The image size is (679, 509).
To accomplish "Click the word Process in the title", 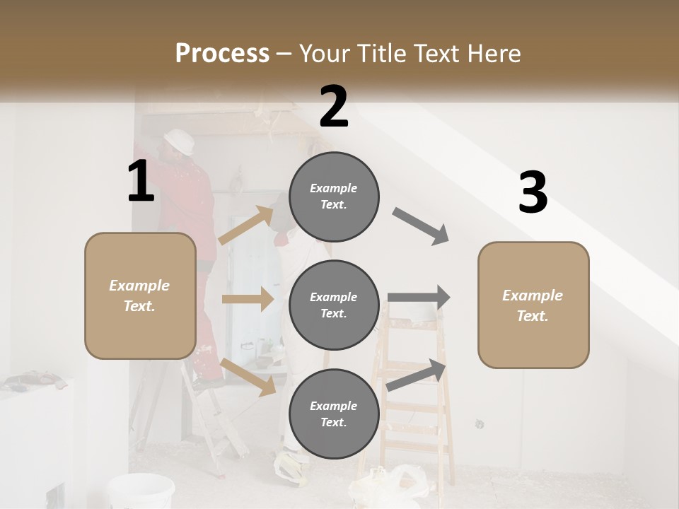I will [x=222, y=53].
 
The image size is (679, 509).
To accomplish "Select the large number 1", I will [x=141, y=182].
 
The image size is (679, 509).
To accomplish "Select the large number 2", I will [x=334, y=106].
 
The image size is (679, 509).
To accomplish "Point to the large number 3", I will [x=533, y=193].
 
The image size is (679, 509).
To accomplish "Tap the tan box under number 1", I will [x=140, y=296].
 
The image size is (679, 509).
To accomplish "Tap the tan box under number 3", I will [x=533, y=305].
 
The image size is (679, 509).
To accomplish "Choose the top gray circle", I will [x=334, y=197].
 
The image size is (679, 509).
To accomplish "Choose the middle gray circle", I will [x=334, y=305].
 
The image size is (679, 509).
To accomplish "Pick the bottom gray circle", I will [x=334, y=414].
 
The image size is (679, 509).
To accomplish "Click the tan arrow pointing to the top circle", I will [x=248, y=224].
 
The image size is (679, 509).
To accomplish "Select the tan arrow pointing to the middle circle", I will [x=248, y=299].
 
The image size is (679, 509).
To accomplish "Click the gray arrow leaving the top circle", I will [x=422, y=226].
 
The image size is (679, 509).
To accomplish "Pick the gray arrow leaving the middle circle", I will [x=419, y=298].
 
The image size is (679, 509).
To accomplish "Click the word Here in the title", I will [x=494, y=53].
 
